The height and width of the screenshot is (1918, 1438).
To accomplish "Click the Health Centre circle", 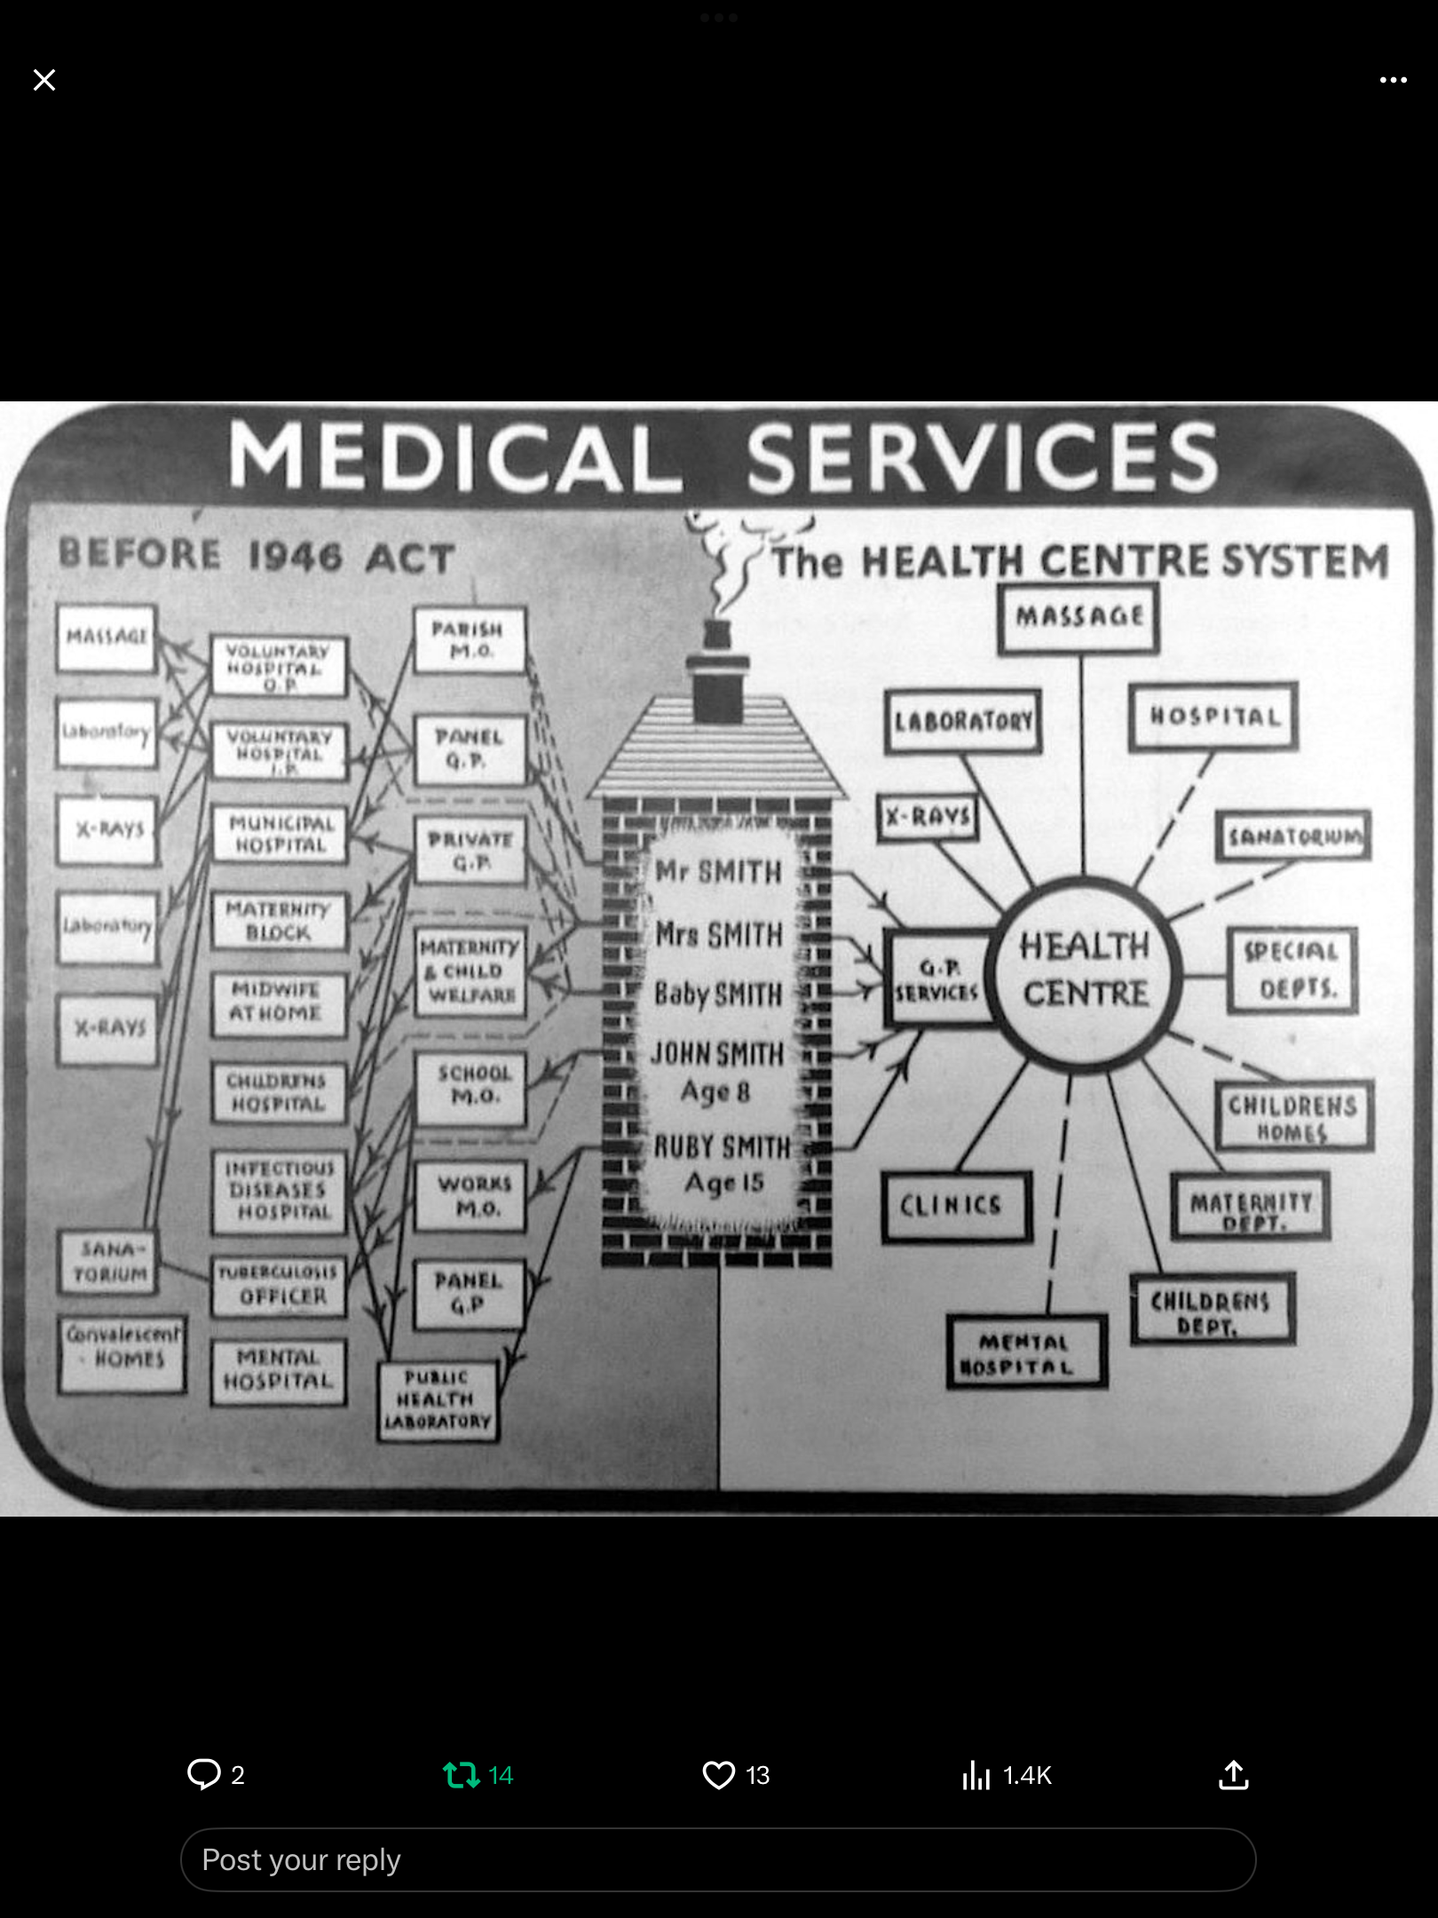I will click(x=1086, y=971).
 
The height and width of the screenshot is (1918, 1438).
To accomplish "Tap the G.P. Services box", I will click(x=937, y=979).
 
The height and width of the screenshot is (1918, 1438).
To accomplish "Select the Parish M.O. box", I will click(x=470, y=640).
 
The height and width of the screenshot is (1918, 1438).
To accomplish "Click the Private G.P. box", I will click(x=470, y=851).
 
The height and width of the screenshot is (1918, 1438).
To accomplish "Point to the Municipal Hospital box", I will click(x=280, y=834).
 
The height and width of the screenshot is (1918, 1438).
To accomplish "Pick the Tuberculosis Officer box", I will click(x=279, y=1285).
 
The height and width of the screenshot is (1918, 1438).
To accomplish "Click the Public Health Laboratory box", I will click(x=437, y=1400).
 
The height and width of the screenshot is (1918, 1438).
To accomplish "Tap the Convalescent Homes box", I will click(x=122, y=1353).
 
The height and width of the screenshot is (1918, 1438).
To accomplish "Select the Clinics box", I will click(x=955, y=1206).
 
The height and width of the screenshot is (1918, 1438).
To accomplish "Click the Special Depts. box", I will click(x=1292, y=970).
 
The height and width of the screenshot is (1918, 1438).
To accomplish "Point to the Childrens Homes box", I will click(x=1294, y=1116).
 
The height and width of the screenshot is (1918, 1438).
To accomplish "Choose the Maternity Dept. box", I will click(x=1250, y=1207).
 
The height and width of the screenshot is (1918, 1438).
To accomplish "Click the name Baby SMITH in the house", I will click(x=718, y=995).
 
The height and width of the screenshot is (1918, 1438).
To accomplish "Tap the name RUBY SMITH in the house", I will click(x=722, y=1147).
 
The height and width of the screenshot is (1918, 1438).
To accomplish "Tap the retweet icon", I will click(x=462, y=1775).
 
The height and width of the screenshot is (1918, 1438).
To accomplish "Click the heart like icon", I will click(x=718, y=1775).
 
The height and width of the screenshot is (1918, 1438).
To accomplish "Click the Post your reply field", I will click(x=717, y=1859).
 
